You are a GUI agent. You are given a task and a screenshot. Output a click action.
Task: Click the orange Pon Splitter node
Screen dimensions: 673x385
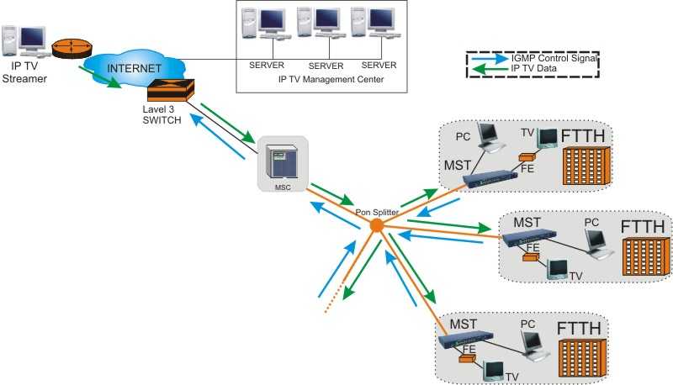(x=376, y=225)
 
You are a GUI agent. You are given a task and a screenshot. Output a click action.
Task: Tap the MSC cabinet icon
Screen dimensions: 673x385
(x=282, y=161)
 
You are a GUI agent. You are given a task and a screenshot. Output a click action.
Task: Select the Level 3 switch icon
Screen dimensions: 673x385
(x=171, y=90)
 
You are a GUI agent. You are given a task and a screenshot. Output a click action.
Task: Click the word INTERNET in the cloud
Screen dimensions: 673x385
(x=134, y=68)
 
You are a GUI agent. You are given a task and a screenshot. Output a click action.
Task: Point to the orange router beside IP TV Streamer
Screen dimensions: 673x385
(x=72, y=48)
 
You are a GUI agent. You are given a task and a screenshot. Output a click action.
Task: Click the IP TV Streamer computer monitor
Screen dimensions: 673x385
(x=32, y=39)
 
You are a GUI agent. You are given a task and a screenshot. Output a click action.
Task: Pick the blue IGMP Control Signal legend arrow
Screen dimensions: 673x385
(x=490, y=59)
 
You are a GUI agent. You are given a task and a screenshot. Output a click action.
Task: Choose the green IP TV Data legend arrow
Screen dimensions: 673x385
(x=490, y=69)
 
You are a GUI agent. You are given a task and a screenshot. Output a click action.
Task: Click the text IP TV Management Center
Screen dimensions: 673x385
(x=331, y=79)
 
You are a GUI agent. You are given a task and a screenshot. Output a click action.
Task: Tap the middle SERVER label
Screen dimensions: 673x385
(x=326, y=66)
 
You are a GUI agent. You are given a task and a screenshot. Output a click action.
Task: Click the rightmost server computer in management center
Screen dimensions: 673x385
(x=374, y=24)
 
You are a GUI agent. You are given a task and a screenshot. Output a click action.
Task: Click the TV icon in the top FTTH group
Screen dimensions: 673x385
(x=547, y=138)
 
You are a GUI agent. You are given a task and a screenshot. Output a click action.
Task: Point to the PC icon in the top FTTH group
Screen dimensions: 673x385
(x=490, y=137)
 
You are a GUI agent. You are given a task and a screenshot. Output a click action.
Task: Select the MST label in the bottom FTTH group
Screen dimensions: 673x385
(x=463, y=324)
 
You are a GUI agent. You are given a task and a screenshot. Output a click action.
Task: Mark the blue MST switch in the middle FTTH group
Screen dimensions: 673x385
(x=529, y=238)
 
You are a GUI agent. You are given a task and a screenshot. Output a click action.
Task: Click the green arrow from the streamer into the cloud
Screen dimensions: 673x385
(x=100, y=77)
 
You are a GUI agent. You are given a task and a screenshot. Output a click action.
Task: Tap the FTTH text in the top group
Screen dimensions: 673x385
(x=582, y=136)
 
